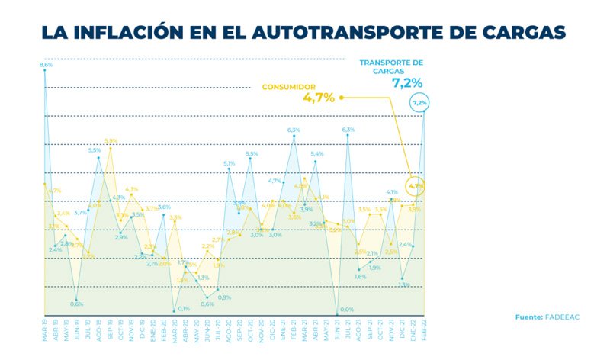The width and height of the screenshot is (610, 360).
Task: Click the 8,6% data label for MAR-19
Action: pos(46,66)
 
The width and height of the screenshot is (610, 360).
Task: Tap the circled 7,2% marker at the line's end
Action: pos(419,102)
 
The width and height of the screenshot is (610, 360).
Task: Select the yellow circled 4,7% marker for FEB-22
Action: pos(416,185)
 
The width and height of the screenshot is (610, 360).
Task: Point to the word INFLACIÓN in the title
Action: pos(133,32)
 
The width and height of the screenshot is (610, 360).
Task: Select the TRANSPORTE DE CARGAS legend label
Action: pos(391,66)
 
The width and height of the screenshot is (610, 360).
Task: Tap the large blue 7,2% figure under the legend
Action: pos(407,82)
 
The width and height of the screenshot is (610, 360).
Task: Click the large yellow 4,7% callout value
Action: pos(319,98)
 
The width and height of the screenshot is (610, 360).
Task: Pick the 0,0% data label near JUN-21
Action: pos(347,309)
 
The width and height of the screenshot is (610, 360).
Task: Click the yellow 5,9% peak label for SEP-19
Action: pos(111,141)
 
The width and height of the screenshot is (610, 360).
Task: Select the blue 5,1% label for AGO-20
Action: pos(229,163)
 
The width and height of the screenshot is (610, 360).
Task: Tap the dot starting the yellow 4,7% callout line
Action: pos(341,98)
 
